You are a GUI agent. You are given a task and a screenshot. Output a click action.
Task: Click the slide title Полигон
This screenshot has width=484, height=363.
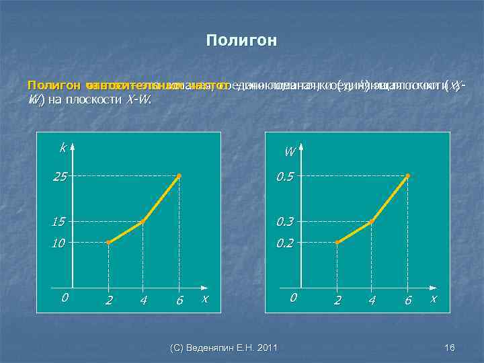pos(241,41)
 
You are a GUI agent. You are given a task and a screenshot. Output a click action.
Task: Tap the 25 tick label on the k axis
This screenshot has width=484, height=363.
pos(61,176)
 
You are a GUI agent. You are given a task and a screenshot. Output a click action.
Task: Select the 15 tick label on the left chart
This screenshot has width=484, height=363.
pos(61,220)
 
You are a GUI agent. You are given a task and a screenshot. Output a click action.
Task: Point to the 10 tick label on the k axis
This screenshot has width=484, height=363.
pos(61,243)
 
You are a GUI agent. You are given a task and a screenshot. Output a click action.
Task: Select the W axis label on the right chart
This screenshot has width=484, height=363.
pos(289,151)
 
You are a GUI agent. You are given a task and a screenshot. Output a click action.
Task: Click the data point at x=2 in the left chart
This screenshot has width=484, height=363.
pos(108,242)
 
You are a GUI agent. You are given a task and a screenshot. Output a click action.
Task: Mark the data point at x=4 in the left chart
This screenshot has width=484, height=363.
pos(143,220)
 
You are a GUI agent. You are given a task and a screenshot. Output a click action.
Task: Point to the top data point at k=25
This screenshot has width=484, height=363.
pos(178,176)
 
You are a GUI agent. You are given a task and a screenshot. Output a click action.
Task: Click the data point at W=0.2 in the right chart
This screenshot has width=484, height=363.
pos(337,242)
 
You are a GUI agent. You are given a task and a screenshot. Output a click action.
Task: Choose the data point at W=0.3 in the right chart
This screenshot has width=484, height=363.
pos(372,220)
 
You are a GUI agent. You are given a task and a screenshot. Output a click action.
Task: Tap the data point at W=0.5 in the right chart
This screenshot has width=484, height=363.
pos(407,176)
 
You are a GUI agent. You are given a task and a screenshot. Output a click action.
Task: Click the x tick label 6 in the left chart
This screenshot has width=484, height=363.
pos(179,300)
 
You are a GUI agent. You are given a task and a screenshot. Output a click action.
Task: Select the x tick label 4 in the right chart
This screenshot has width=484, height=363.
pos(372,300)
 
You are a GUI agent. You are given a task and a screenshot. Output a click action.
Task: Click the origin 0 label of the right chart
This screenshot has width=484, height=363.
pos(292,296)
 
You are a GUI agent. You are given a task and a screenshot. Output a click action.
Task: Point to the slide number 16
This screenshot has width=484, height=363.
pos(450,347)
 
